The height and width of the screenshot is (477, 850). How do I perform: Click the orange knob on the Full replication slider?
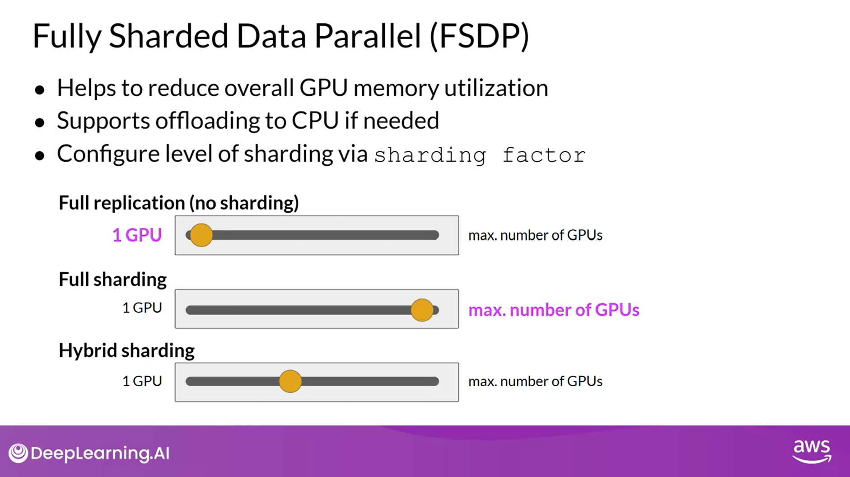[201, 235]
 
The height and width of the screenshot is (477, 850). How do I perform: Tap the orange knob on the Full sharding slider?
[422, 310]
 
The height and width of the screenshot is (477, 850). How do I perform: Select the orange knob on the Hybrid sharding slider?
[290, 381]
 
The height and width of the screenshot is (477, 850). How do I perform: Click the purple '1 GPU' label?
[137, 235]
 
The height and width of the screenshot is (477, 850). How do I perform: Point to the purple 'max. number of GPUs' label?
[554, 310]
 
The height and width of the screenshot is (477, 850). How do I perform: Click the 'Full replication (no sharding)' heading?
[179, 203]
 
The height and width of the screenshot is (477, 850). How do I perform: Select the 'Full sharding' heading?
[112, 280]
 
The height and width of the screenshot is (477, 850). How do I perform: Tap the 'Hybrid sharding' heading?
[126, 351]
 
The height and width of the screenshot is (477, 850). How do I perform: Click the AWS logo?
[812, 451]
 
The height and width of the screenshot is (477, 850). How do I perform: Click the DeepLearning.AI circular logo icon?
[19, 453]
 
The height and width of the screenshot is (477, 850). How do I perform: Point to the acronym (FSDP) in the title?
[480, 36]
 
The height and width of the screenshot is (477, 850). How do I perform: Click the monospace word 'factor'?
[544, 156]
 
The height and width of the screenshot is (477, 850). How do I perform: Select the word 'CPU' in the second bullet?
[315, 121]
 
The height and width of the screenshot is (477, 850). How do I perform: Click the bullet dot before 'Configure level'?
[40, 156]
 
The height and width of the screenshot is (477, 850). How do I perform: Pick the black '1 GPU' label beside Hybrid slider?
[142, 381]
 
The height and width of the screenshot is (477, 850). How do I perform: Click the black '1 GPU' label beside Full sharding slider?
[142, 308]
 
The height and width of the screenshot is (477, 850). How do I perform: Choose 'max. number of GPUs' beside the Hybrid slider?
[535, 382]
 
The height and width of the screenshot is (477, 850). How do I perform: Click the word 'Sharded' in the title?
[168, 36]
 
